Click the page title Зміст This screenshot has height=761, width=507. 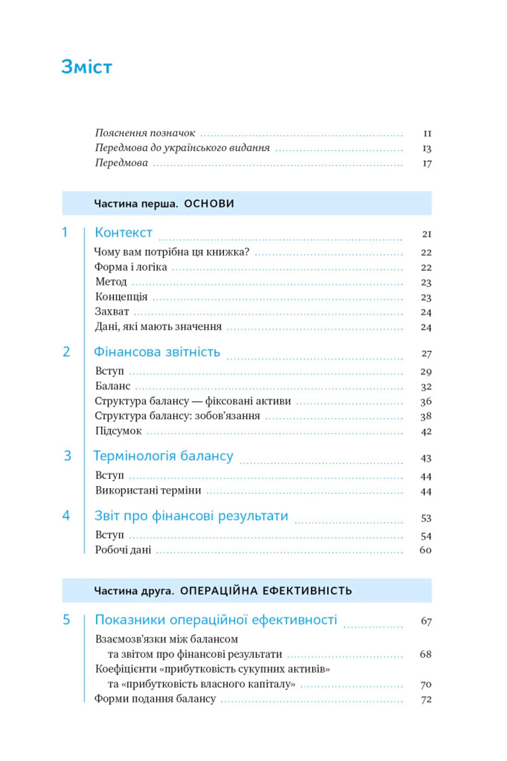87,67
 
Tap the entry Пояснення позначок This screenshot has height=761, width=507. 145,133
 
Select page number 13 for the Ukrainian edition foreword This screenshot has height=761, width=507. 427,148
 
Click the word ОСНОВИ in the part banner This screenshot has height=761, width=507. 209,204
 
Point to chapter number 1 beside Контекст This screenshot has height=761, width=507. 65,232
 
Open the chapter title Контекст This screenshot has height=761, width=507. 124,232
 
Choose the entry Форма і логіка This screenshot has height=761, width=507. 131,267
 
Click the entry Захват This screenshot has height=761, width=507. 112,311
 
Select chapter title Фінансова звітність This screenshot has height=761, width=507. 157,352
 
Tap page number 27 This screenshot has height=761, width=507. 426,354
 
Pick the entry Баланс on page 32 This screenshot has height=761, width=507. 113,386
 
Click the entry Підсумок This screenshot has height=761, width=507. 118,431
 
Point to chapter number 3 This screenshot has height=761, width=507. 67,456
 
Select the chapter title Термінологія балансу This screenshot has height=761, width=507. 163,456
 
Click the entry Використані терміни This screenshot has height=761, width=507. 148,490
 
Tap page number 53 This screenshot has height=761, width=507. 426,518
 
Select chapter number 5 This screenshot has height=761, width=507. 66,620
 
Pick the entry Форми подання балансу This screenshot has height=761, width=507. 155,699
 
